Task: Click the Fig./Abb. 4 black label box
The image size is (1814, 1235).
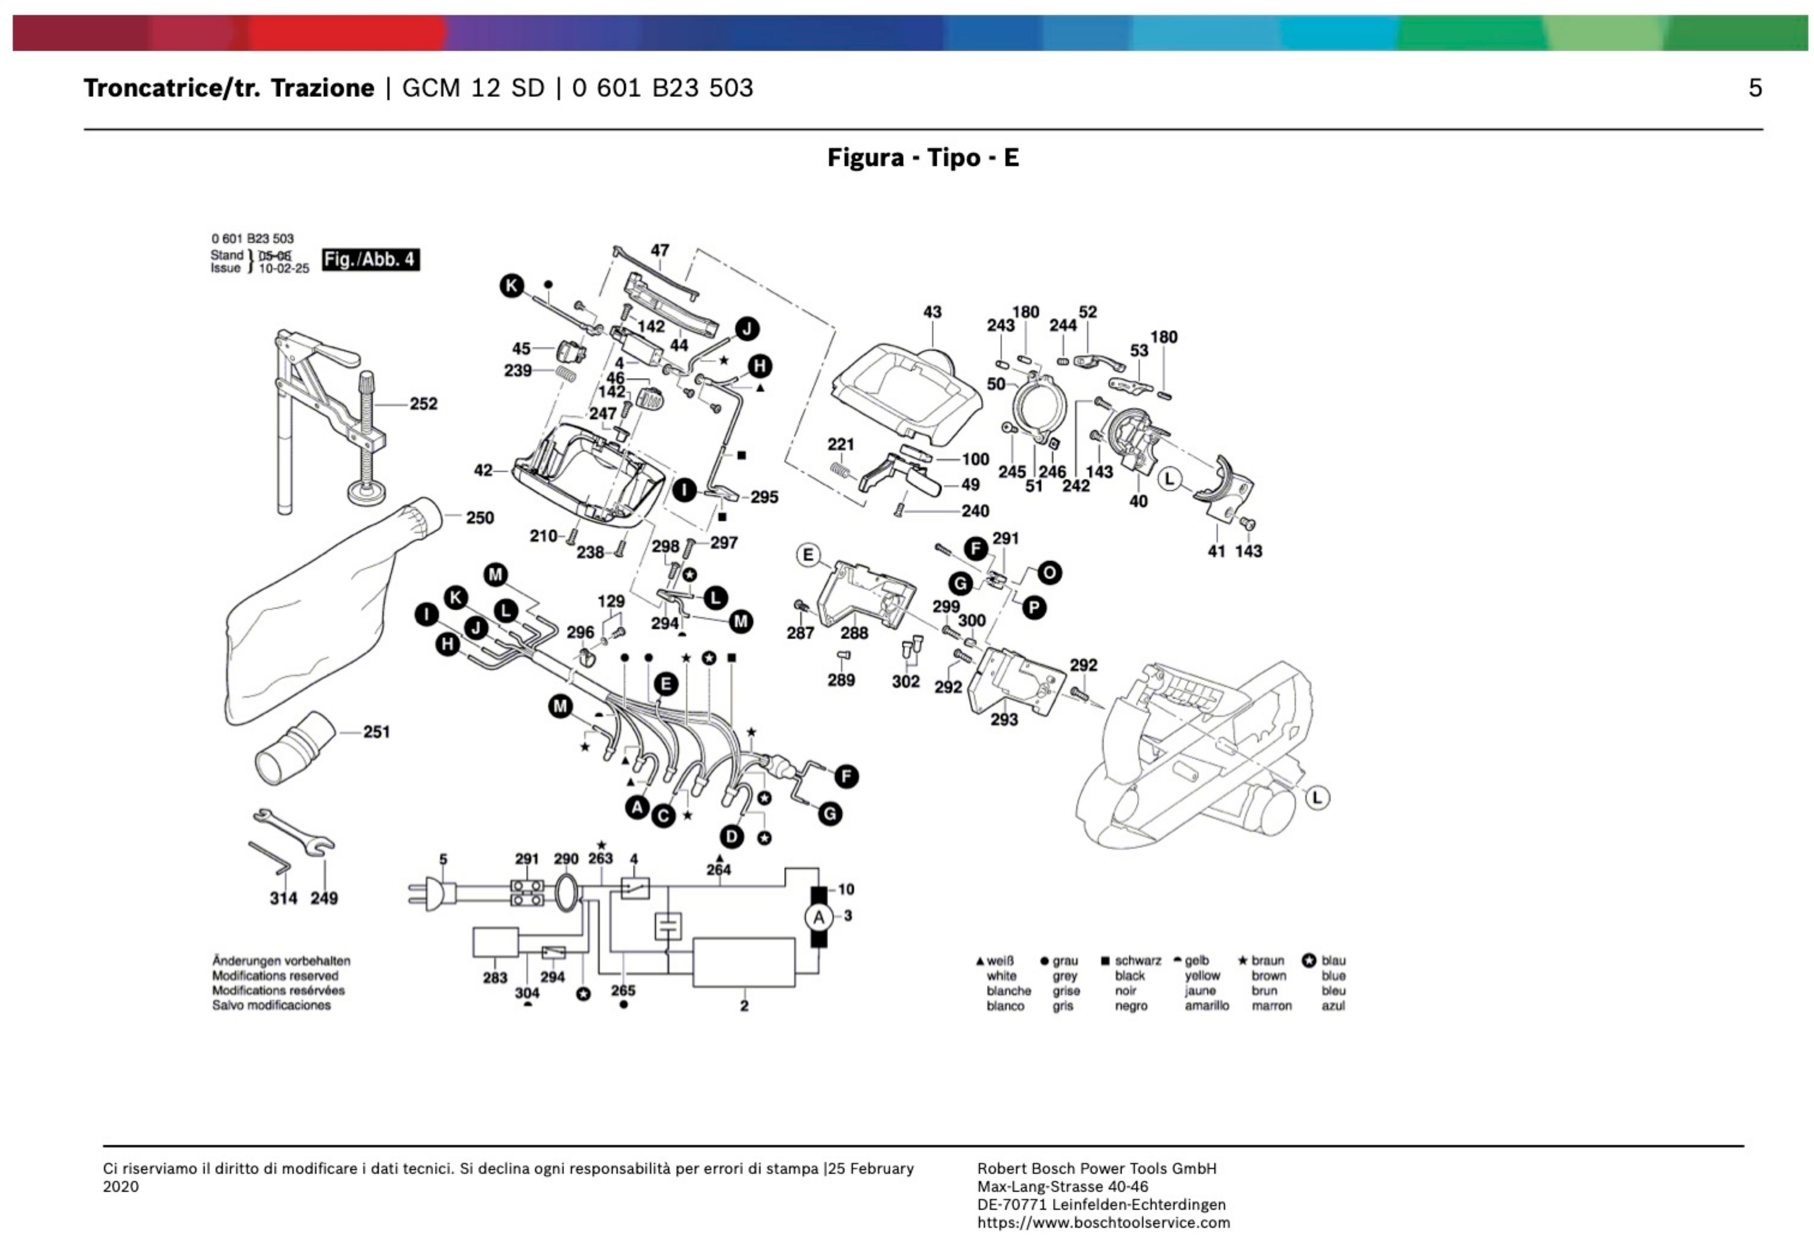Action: [371, 259]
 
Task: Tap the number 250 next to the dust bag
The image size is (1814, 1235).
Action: [479, 517]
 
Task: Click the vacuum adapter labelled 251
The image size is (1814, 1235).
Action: [295, 751]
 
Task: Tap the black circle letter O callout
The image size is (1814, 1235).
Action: [1049, 574]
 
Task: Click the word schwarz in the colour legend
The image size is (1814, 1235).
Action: [1137, 960]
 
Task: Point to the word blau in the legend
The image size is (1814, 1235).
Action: [1333, 960]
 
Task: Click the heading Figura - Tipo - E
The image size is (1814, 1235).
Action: [923, 158]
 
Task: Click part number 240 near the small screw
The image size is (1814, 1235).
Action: [975, 510]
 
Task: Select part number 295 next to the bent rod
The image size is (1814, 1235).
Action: [764, 497]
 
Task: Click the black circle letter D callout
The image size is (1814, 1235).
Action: [731, 837]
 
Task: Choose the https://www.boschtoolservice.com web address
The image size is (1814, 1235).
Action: [1103, 1223]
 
